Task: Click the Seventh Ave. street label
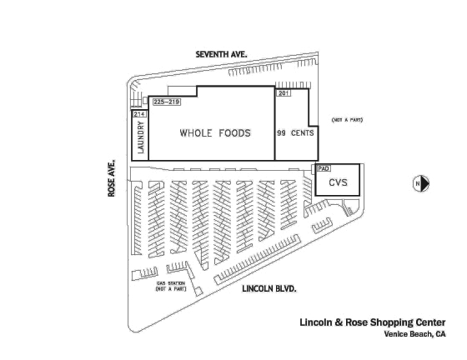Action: pos(221,54)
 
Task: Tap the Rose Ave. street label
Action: pos(112,178)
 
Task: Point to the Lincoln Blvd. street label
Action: pos(269,288)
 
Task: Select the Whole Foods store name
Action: pos(215,132)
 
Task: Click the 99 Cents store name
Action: pos(295,132)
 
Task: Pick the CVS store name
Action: pos(338,182)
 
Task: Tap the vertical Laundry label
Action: pos(141,137)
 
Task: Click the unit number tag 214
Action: pos(139,114)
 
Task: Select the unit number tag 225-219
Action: pos(167,102)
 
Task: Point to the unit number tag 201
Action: pos(284,92)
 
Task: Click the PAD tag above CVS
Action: pos(324,168)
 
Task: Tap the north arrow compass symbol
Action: pos(421,183)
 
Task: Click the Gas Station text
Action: pos(171,283)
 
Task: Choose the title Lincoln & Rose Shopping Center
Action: pos(373,322)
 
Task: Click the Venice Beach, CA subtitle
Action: pos(415,334)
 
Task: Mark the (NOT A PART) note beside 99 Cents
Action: pos(347,120)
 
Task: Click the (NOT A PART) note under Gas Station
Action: pos(171,288)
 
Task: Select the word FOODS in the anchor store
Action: pos(234,132)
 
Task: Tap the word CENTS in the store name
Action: pos(302,132)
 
